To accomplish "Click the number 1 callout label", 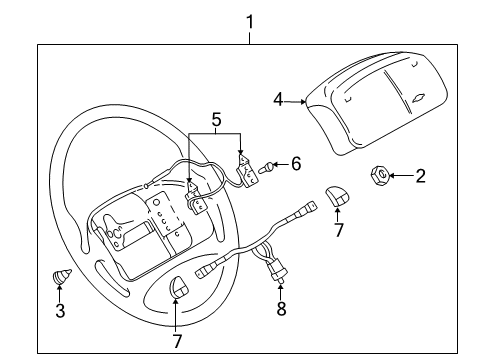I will [250, 20].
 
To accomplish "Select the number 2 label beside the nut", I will [421, 176].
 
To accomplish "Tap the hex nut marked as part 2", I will [379, 175].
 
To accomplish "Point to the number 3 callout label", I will [59, 312].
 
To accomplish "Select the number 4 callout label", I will [279, 98].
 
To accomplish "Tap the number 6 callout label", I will [295, 163].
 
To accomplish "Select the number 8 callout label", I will [280, 309].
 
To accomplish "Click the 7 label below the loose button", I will [338, 230].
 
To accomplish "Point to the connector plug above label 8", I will [279, 269].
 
